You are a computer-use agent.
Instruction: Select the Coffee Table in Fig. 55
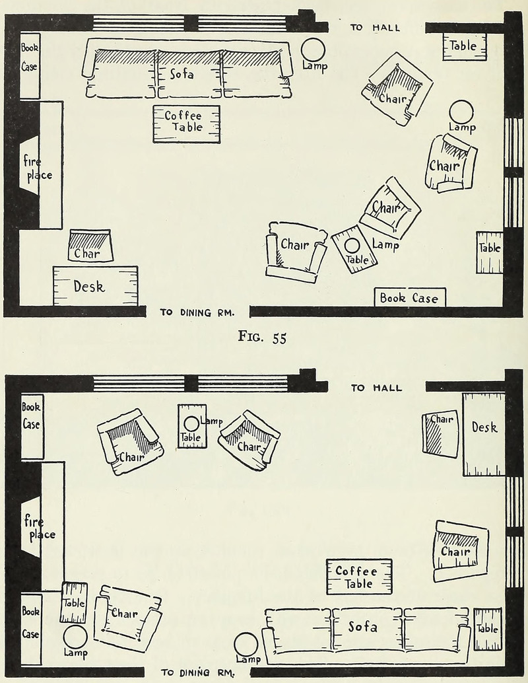click(186, 124)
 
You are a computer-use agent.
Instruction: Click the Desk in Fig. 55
click(95, 286)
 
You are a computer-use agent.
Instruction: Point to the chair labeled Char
click(90, 246)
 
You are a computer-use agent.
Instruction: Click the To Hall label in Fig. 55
click(375, 28)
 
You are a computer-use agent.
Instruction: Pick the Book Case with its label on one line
click(409, 298)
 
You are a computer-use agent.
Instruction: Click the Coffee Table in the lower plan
click(359, 577)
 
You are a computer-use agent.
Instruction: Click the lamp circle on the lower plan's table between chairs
click(191, 424)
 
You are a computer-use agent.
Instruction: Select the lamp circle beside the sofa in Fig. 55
click(313, 49)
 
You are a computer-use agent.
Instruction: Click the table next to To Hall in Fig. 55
click(464, 46)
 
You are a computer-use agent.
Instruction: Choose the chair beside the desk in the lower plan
click(440, 433)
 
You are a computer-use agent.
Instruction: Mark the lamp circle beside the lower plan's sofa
click(246, 645)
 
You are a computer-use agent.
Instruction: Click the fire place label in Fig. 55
click(38, 168)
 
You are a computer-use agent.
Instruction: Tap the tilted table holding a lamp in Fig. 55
click(354, 249)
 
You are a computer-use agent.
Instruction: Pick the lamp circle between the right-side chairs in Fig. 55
click(461, 112)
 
